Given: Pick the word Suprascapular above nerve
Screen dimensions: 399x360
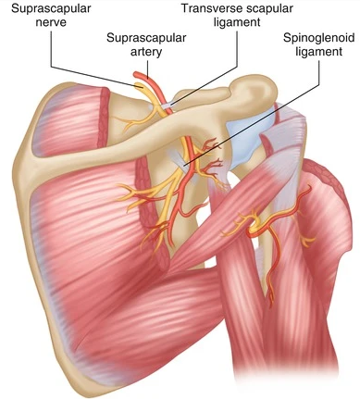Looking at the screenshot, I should (45, 9).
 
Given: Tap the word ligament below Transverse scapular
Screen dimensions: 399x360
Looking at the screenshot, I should (237, 25).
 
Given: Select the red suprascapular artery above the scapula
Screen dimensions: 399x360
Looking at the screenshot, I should (158, 88).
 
